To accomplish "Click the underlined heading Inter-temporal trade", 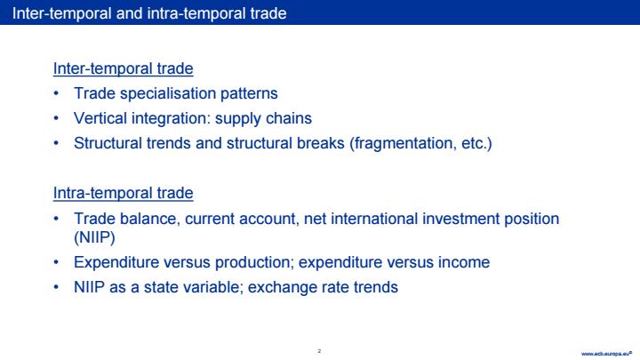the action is tap(123, 68).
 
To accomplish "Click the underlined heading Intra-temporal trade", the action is tap(123, 193).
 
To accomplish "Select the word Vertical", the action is tap(100, 118).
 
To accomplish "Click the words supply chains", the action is tap(263, 119).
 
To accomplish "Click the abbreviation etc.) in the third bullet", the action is tap(476, 144).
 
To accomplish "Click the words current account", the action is tap(242, 219).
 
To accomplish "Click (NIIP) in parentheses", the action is tap(94, 237).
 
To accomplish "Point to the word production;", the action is tap(255, 262).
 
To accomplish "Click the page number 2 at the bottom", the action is tap(319, 351).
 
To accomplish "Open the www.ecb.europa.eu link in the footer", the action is tap(606, 354).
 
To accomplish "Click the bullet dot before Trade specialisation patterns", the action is tap(56, 94).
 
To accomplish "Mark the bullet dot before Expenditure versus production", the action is tap(56, 262).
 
